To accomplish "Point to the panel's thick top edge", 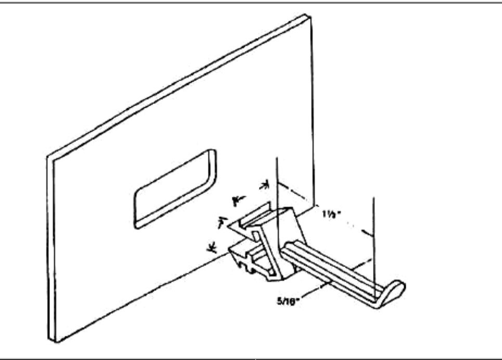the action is point(177,83).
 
